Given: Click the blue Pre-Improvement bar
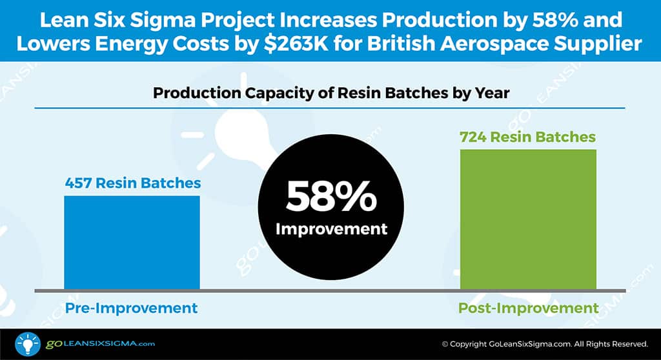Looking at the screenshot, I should tap(132, 242).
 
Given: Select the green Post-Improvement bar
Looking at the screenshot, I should tap(527, 219).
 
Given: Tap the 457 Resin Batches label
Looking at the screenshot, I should tap(133, 183).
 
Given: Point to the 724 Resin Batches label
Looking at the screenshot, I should tap(527, 137).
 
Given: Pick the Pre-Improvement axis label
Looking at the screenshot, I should tap(132, 308).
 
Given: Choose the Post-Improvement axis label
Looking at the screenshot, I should tap(527, 308).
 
